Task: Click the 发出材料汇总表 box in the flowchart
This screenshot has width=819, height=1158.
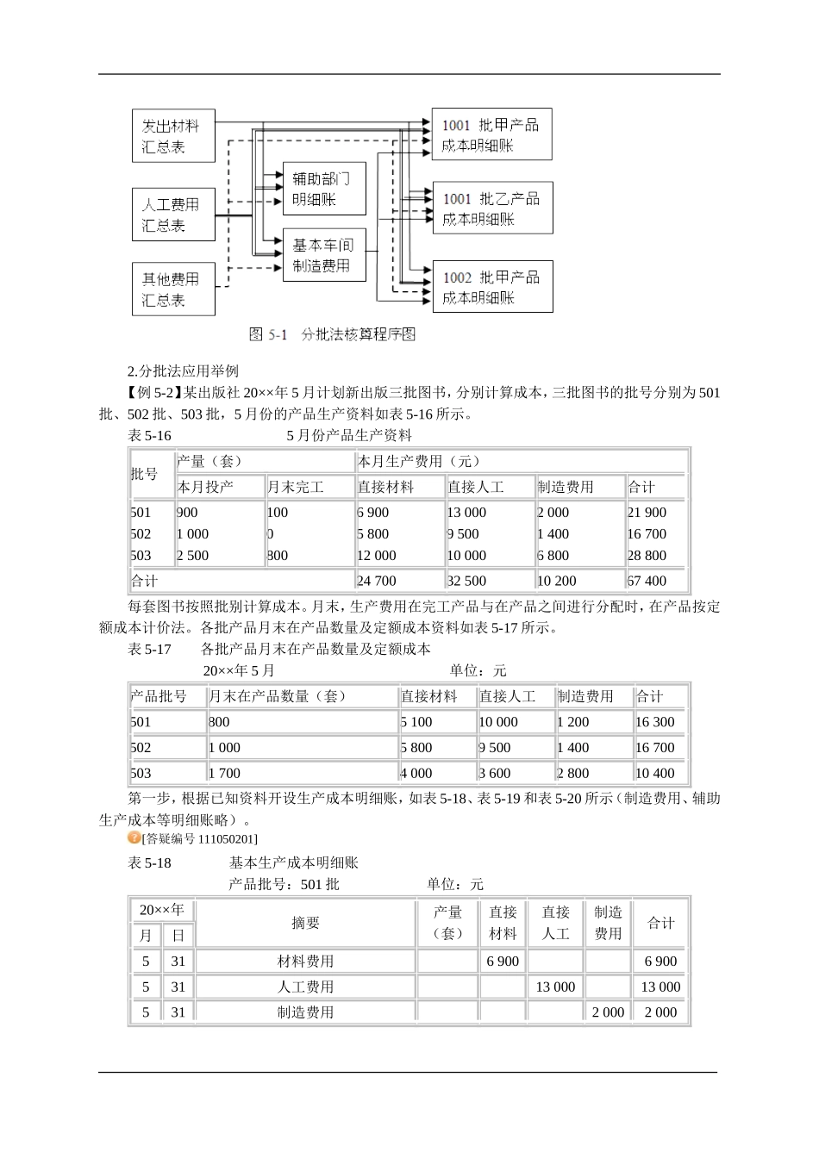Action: tap(172, 135)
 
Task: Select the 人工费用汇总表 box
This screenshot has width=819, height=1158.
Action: tap(172, 215)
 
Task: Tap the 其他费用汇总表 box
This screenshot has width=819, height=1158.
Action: tap(172, 289)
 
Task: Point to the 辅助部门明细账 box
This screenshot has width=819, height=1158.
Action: tap(323, 189)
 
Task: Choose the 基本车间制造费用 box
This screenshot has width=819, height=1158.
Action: tap(323, 255)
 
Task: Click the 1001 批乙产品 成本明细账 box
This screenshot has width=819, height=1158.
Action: tap(491, 208)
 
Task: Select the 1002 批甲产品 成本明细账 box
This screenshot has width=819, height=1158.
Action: tap(491, 287)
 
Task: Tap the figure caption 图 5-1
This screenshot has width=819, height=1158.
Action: tap(332, 334)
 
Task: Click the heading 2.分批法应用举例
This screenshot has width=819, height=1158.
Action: tap(183, 371)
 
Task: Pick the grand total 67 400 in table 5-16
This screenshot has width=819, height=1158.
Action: tap(647, 581)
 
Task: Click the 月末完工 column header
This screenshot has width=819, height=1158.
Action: tap(296, 487)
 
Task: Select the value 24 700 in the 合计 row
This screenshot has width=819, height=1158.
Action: tap(377, 581)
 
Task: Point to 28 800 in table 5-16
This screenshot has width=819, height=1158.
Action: tap(647, 556)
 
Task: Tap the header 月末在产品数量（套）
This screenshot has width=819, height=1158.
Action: tap(278, 696)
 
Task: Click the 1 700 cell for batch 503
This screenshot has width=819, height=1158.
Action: tap(224, 773)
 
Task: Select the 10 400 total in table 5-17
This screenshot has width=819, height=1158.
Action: tap(655, 773)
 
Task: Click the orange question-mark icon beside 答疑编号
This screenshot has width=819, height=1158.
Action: tap(134, 837)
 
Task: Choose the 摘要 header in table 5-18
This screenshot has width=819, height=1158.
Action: tap(305, 923)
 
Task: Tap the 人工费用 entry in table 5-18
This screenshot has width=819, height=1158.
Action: tap(305, 987)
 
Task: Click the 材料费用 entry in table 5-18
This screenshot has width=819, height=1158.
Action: tap(305, 961)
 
